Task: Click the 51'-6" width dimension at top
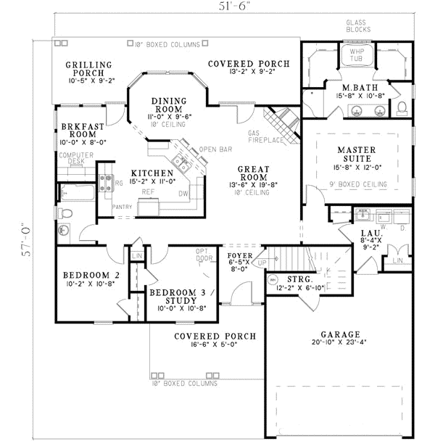(233, 7)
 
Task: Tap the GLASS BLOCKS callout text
(358, 26)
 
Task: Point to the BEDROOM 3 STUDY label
(172, 297)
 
